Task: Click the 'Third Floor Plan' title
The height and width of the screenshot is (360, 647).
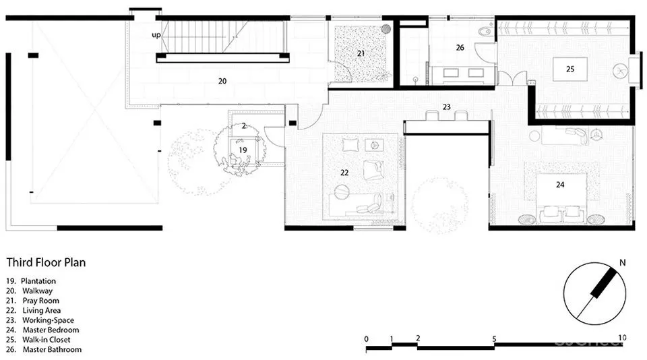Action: (46, 262)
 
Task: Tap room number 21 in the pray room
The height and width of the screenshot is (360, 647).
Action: (361, 53)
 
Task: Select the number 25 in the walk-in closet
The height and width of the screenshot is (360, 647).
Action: (570, 69)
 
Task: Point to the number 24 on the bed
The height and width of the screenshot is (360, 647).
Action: (560, 185)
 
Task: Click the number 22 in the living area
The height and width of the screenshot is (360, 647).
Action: (344, 173)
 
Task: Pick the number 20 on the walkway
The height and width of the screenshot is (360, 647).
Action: (222, 82)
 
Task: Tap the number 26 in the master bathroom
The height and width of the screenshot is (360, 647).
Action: (460, 47)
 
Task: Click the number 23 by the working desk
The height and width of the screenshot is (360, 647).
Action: (446, 107)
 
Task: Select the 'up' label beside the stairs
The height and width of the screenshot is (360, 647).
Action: (156, 35)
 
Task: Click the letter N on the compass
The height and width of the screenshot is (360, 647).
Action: (623, 262)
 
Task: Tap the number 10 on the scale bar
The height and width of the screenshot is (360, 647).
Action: (622, 338)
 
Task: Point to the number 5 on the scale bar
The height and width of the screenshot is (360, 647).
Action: (494, 339)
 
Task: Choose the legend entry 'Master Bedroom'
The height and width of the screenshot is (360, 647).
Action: (51, 330)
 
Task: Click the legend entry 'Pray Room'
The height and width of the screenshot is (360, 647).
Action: (41, 301)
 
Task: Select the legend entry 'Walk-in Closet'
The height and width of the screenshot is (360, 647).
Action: (47, 340)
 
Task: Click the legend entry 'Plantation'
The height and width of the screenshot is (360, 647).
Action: (38, 281)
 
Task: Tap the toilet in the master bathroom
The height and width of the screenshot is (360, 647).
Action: (485, 31)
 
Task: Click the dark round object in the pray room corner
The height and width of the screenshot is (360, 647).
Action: (386, 28)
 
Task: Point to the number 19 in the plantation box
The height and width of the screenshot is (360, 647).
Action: (243, 150)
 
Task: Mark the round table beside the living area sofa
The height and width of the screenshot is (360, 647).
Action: (342, 192)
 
